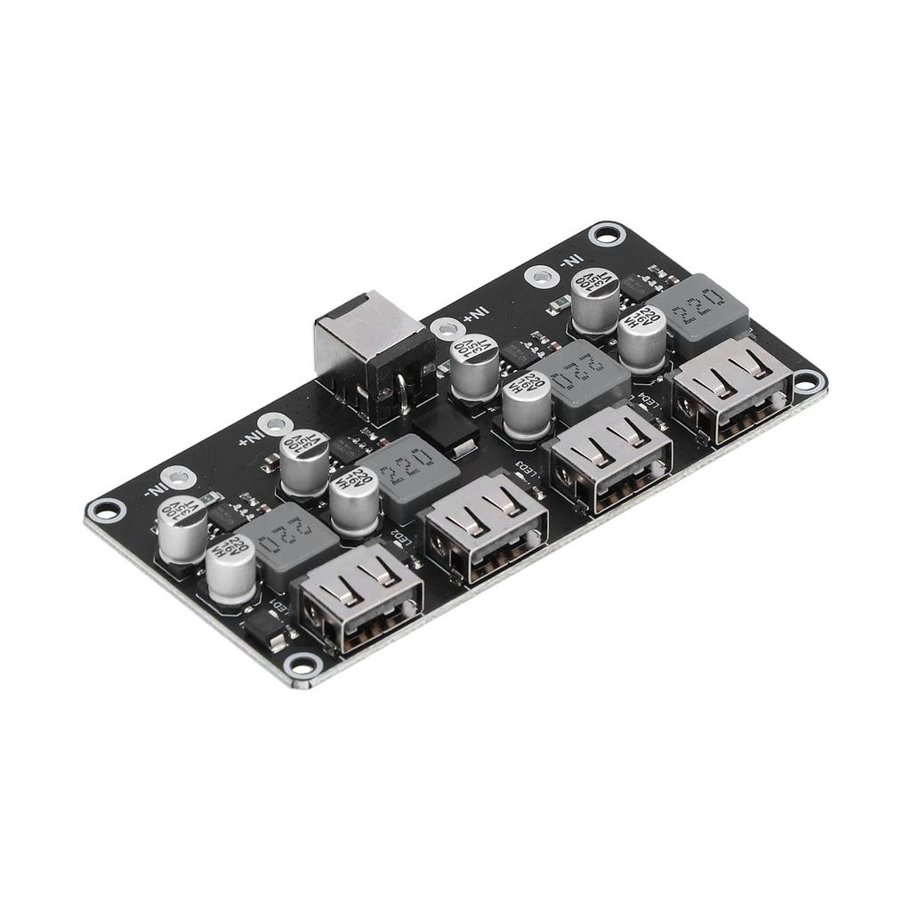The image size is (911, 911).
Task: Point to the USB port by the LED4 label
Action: coord(732,388)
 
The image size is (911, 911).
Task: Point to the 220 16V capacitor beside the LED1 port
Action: coord(230,569)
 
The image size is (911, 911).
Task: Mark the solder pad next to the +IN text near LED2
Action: coord(274,426)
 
